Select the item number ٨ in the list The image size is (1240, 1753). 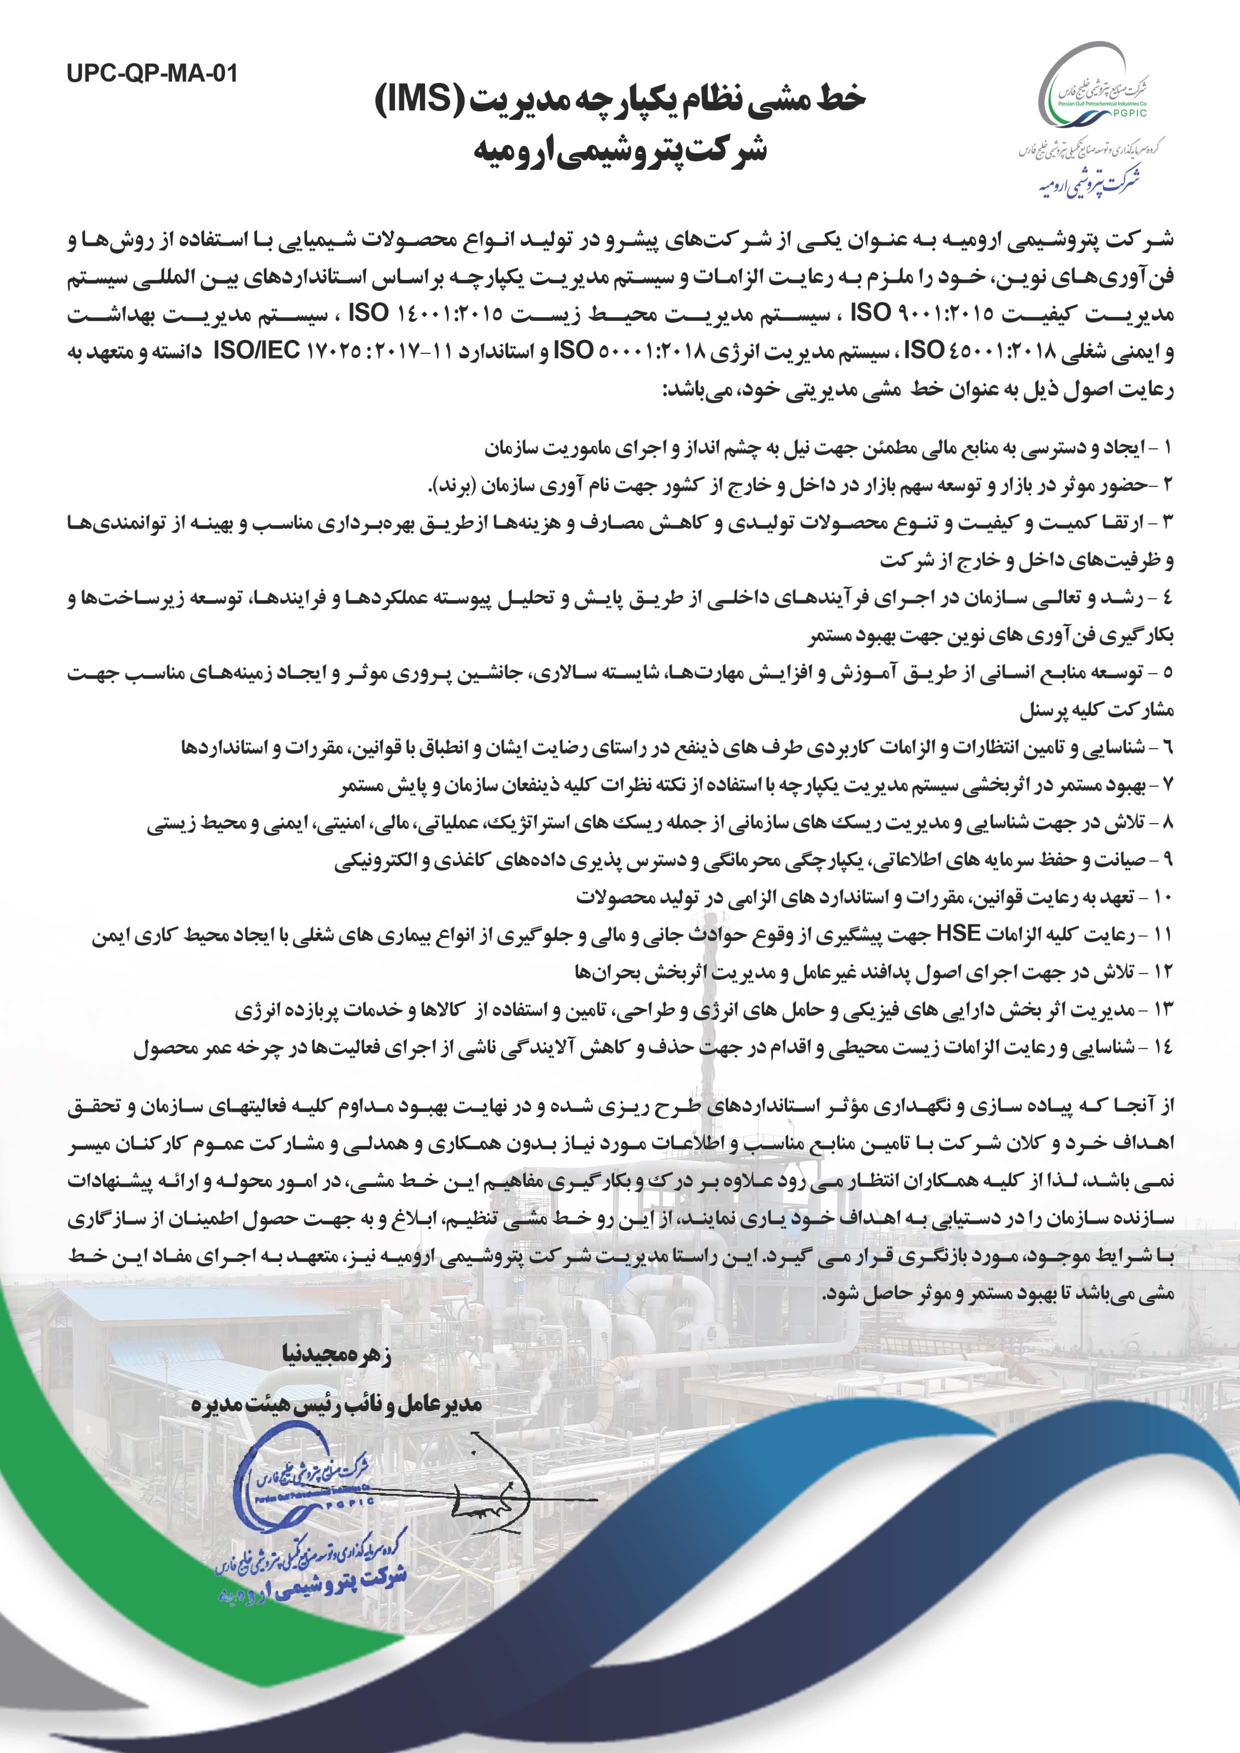(x=1166, y=823)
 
